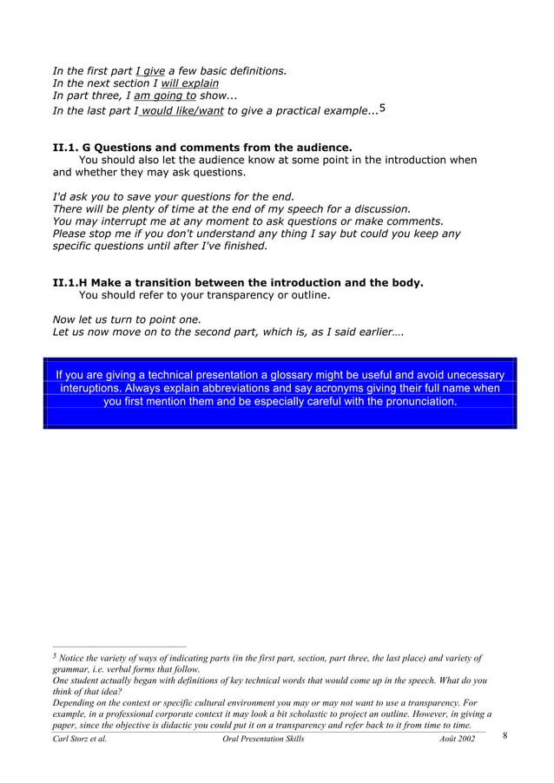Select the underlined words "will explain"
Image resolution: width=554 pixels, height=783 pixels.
190,83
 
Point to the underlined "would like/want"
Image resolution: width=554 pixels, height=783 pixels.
181,110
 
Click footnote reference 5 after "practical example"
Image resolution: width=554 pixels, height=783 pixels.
383,109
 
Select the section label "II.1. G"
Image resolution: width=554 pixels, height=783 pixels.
76,148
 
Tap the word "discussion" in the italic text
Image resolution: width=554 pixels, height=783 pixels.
379,208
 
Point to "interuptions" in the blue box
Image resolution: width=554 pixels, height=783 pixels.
90,388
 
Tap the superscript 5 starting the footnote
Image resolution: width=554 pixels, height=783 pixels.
54,656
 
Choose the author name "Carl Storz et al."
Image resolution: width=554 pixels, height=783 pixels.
80,739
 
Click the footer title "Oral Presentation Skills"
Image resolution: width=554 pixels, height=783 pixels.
263,739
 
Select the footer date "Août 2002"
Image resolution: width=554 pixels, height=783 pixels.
457,739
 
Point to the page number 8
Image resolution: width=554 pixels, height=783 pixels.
506,736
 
